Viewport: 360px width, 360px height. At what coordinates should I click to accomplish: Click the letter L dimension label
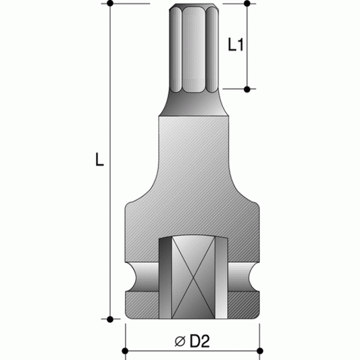99,160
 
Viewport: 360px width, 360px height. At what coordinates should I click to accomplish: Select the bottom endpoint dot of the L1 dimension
248,88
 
